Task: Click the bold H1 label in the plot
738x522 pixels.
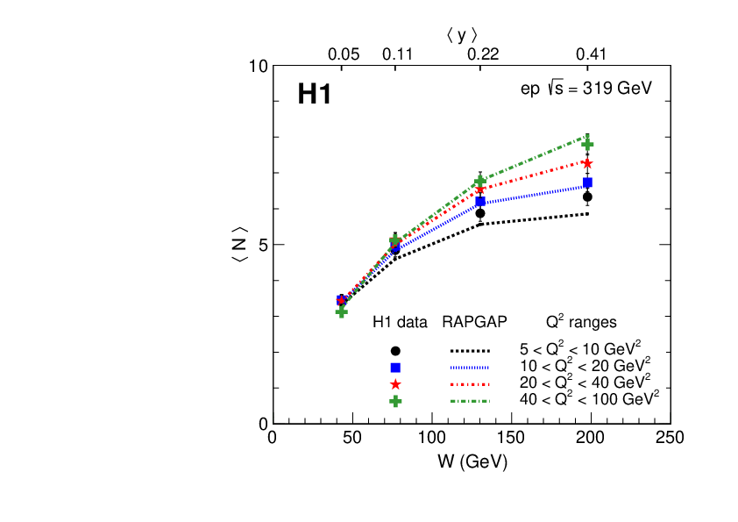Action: [x=314, y=95]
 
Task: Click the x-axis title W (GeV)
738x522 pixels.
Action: [x=472, y=460]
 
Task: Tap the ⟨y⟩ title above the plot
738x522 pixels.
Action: [x=461, y=34]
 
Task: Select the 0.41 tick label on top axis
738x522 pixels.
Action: [x=591, y=54]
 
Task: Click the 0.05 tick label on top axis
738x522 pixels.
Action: [x=344, y=54]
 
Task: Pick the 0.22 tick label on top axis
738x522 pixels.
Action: [x=482, y=54]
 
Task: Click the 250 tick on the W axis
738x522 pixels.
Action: [x=671, y=438]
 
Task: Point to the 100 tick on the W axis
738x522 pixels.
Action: [x=431, y=438]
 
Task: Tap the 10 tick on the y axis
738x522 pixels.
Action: [x=258, y=67]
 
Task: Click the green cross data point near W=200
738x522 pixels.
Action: [x=587, y=144]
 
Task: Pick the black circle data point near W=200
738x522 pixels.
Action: [x=587, y=197]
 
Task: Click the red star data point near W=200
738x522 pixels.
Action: [x=587, y=163]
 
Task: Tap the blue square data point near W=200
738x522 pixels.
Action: [x=587, y=182]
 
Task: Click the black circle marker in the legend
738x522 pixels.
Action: [x=395, y=351]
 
